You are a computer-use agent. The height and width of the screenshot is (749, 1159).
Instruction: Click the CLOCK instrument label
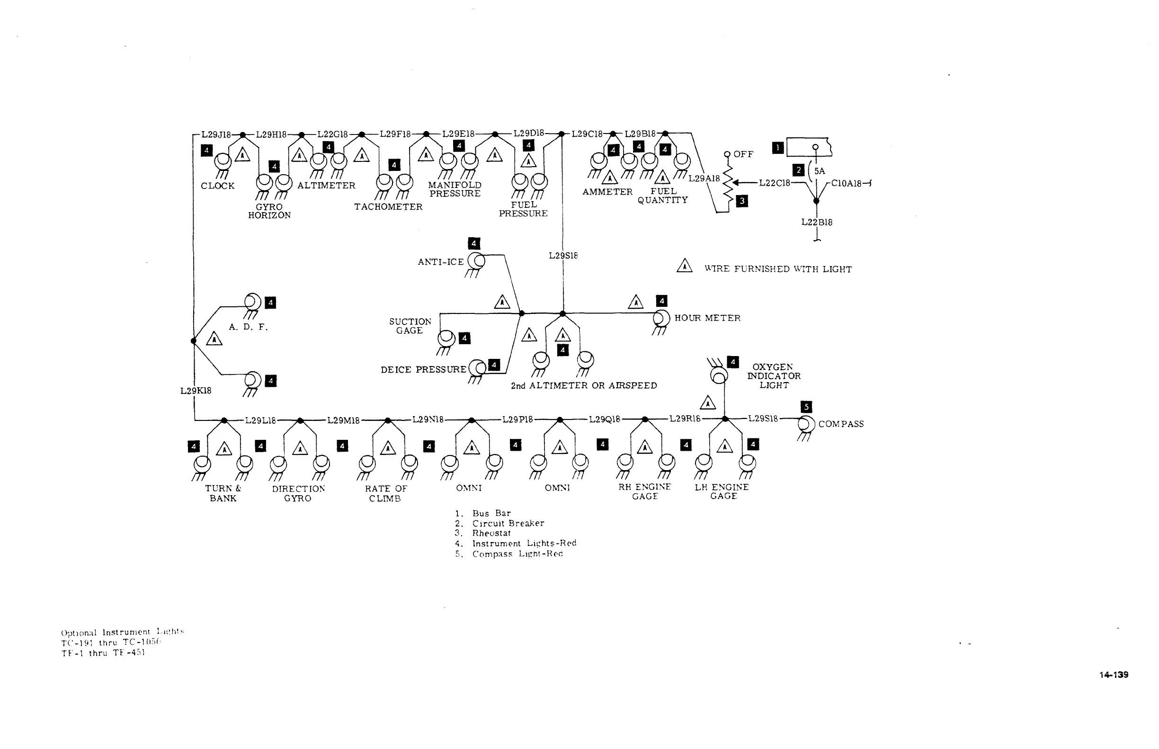(217, 186)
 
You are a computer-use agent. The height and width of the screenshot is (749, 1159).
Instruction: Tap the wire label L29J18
(216, 135)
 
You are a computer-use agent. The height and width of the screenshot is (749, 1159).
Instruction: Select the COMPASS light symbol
(806, 424)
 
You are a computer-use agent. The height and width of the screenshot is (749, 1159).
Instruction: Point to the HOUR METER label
(707, 318)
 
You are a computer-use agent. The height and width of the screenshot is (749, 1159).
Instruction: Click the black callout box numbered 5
(806, 407)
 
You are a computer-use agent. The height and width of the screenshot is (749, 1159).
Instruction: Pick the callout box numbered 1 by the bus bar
(778, 148)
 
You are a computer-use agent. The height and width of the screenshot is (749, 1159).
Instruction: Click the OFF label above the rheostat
(743, 154)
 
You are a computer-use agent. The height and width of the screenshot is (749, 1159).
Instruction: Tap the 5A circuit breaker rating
(820, 171)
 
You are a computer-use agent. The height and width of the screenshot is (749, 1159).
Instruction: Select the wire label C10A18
(846, 183)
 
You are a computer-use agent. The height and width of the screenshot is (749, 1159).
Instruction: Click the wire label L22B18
(817, 222)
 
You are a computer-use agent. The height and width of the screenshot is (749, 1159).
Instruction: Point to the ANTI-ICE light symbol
(476, 261)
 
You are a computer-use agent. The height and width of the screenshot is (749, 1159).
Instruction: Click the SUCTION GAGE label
(410, 326)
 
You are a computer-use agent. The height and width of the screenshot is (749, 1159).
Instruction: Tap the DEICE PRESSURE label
(423, 370)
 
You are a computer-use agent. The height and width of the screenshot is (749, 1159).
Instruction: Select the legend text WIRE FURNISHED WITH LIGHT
(778, 269)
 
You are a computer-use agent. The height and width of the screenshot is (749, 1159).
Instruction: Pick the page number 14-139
(1113, 675)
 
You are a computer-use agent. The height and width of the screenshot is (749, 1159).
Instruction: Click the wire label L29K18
(196, 391)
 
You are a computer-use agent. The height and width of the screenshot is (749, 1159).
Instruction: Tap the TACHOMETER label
(388, 207)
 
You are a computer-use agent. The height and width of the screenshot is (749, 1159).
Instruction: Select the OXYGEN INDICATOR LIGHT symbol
(719, 375)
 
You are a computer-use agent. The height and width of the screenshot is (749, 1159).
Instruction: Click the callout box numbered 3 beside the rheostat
(742, 201)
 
